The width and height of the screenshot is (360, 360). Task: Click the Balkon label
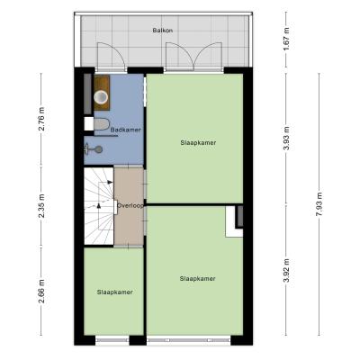click(x=163, y=31)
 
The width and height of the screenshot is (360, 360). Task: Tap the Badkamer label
click(x=126, y=130)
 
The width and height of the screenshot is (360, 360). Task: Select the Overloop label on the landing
click(x=130, y=206)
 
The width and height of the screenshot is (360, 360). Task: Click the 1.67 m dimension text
click(x=287, y=39)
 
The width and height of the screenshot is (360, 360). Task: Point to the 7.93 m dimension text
click(x=320, y=204)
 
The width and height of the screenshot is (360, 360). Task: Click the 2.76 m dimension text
click(x=42, y=119)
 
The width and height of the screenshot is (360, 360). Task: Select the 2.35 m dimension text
click(x=42, y=206)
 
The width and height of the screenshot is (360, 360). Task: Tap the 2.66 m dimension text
click(x=42, y=291)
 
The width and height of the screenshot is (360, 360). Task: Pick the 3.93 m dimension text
click(x=287, y=139)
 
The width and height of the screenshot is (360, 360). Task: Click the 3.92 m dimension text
click(x=287, y=271)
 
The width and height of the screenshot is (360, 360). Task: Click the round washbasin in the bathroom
click(x=101, y=96)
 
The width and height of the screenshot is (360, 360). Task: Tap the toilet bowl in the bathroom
click(x=101, y=124)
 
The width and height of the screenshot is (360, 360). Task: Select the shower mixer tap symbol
click(x=94, y=149)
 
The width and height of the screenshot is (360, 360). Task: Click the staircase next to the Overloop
click(x=99, y=206)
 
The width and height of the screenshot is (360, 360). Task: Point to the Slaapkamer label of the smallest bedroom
click(x=115, y=292)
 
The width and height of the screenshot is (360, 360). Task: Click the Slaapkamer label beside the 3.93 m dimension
click(x=198, y=142)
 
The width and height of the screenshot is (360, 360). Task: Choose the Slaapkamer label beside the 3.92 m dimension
click(x=198, y=279)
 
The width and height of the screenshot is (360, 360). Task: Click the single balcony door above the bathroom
click(x=112, y=56)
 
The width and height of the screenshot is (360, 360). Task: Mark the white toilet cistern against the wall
click(x=89, y=124)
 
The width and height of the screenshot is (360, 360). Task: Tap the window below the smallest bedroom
click(x=112, y=340)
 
